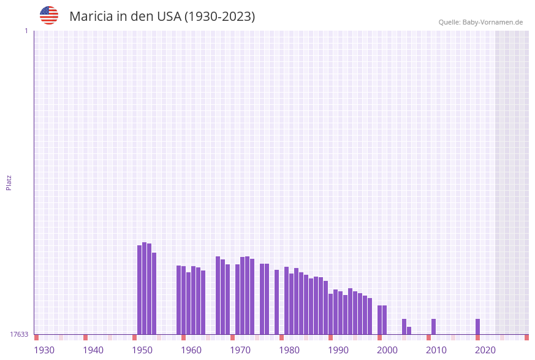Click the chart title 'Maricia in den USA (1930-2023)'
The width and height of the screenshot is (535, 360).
click(162, 17)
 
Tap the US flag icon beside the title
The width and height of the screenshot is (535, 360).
click(49, 15)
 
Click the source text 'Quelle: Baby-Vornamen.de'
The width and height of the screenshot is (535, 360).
click(480, 22)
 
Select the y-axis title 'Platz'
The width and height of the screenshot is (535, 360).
click(9, 182)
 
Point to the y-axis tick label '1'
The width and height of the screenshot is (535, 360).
click(26, 31)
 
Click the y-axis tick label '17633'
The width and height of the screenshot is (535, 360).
click(19, 334)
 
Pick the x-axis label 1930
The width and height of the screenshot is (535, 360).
click(44, 350)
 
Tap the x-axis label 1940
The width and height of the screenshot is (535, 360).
click(93, 350)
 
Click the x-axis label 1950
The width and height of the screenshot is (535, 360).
click(142, 350)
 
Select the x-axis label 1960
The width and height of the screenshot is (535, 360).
click(191, 350)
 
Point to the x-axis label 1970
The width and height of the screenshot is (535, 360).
click(240, 350)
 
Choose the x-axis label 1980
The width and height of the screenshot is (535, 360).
click(289, 350)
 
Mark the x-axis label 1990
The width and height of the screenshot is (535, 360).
click(338, 350)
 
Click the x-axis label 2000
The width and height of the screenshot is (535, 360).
click(387, 350)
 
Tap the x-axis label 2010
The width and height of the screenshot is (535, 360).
click(436, 350)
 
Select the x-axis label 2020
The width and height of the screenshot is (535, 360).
click(485, 350)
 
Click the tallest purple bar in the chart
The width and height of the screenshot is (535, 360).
click(145, 288)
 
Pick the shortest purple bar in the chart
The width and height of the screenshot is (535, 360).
click(409, 331)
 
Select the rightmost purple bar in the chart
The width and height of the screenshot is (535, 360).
click(478, 326)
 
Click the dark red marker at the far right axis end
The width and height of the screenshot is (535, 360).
click(526, 337)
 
